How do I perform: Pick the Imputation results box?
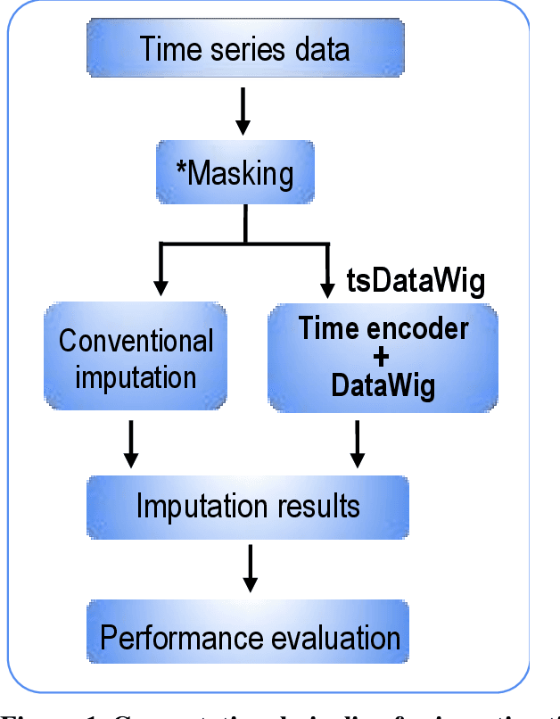(x=247, y=507)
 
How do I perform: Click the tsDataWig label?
(x=416, y=282)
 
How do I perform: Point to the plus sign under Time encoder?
(x=383, y=357)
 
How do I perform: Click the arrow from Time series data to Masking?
(x=243, y=112)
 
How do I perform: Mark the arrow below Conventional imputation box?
(x=131, y=443)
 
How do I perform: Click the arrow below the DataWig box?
(x=358, y=443)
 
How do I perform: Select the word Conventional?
(x=136, y=341)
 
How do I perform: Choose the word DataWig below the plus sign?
(x=383, y=385)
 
